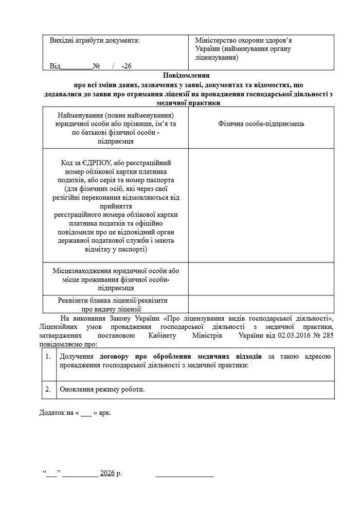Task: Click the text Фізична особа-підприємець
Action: pos(261,124)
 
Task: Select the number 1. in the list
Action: pos(48,356)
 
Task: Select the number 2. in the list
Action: pos(48,389)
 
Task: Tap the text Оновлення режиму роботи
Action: pos(102,389)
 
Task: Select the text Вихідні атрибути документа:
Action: pos(94,40)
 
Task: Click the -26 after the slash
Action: pos(126,66)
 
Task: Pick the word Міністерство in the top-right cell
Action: pos(217,40)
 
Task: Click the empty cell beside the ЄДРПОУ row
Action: pos(261,205)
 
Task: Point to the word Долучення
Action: pos(77,356)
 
